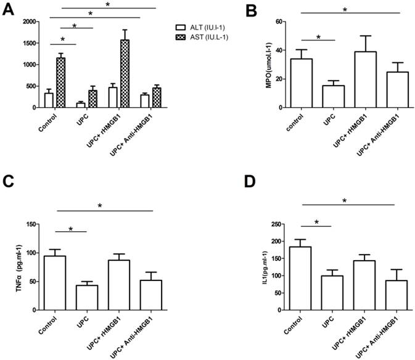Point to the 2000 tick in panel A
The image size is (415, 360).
click(27, 22)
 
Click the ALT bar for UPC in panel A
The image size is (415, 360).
click(81, 105)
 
